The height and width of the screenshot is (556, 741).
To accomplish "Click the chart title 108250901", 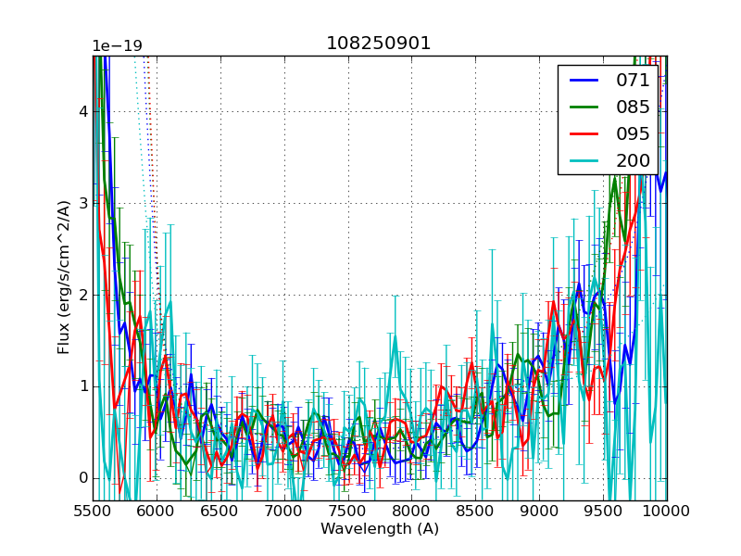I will click(x=379, y=44).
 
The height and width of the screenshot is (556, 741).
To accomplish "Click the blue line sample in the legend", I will click(x=584, y=81).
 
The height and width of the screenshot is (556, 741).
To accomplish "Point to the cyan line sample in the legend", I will click(x=584, y=160).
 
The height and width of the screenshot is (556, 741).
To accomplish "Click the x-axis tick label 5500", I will click(x=93, y=511).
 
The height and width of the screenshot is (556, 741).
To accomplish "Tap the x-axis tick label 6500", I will click(x=220, y=511).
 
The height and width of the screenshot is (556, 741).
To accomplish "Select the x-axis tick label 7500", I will click(x=348, y=511).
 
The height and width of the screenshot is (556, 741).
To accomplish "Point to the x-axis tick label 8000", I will click(x=411, y=511).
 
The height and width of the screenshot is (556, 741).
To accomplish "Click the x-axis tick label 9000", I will click(x=539, y=511).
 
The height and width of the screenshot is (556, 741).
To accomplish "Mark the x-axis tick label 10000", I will click(x=667, y=511).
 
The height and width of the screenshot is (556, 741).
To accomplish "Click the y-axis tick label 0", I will click(x=82, y=478).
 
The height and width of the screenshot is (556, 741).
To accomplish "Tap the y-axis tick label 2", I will click(x=82, y=295).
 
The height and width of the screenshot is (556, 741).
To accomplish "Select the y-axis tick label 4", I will click(x=82, y=111).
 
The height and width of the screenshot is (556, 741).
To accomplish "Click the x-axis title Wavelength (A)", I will click(x=380, y=529).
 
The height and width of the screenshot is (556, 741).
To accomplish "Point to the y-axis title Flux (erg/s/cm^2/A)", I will click(x=64, y=278).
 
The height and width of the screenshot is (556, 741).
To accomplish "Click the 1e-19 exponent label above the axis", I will click(x=117, y=46).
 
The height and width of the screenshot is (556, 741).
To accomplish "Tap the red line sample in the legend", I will click(x=584, y=133).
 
